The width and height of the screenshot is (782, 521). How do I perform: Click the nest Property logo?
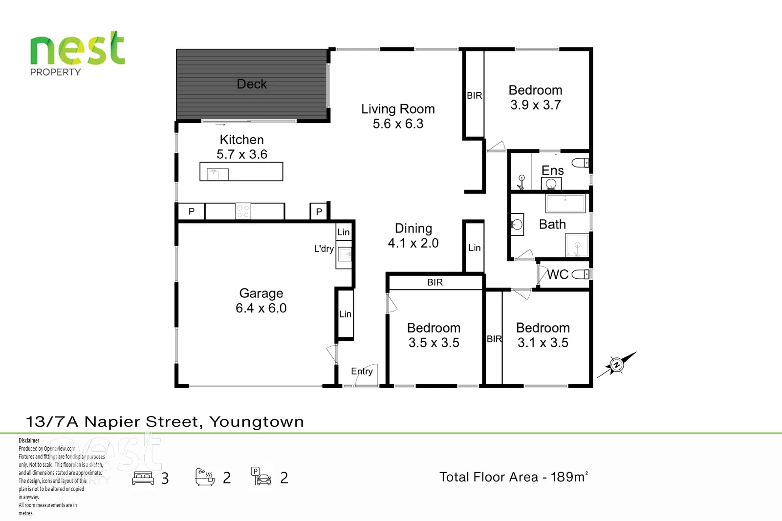[77, 54]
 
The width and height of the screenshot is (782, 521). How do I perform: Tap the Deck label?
[252, 84]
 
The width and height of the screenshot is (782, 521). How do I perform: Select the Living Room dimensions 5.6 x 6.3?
[398, 124]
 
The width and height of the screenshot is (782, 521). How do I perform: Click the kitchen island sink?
[217, 173]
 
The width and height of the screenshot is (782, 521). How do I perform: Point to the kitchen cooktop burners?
[243, 211]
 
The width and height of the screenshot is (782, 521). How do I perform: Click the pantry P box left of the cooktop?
[191, 211]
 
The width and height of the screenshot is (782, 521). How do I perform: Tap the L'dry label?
[324, 249]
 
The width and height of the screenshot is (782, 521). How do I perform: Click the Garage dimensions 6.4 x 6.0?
[261, 308]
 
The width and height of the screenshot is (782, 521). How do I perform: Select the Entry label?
[362, 371]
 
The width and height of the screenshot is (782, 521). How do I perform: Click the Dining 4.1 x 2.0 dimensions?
[413, 243]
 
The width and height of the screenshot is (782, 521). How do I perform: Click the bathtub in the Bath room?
[565, 203]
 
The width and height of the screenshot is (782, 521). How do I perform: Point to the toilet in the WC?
[580, 274]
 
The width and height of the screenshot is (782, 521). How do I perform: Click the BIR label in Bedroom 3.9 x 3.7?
[474, 95]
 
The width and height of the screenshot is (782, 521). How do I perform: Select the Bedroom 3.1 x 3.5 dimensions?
[543, 343]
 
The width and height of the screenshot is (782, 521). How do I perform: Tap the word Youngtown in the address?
[256, 422]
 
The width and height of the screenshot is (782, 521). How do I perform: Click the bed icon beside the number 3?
[143, 478]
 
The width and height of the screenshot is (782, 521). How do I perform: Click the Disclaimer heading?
[29, 440]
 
